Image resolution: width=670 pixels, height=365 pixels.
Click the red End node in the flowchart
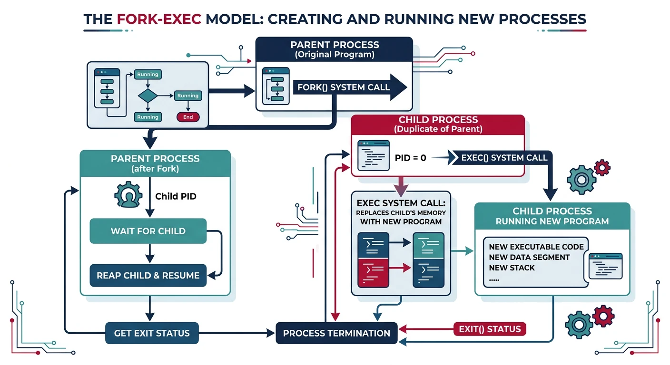pos(188,117)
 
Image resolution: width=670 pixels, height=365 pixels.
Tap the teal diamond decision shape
pos(148,96)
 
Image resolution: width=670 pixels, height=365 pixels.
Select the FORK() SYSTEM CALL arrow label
pos(343,87)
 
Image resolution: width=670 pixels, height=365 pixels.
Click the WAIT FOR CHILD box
pos(148,231)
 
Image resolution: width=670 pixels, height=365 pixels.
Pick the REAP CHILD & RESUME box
pos(148,275)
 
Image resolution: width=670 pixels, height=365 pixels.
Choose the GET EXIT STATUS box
pos(152,333)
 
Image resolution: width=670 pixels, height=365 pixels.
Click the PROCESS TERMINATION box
pos(336,333)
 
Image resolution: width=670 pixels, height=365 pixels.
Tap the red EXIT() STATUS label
pos(490,329)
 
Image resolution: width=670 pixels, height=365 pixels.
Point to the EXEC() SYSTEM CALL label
pos(504,157)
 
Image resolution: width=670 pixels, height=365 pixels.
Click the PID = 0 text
pos(410,158)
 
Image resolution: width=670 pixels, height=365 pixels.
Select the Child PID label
pos(176,196)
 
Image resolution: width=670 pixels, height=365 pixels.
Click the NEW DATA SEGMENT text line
pos(529,257)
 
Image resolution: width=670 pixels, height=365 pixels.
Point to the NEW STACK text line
pos(512,268)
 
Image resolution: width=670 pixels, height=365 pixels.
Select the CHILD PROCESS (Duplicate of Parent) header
pos(438,125)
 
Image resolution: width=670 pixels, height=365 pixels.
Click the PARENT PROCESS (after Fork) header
pos(155,163)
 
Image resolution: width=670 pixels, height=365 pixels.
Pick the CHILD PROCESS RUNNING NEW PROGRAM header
pos(552,216)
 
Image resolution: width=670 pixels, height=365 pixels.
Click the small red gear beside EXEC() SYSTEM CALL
pos(602,167)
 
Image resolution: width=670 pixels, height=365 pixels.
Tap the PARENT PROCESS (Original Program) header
pos(335,49)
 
